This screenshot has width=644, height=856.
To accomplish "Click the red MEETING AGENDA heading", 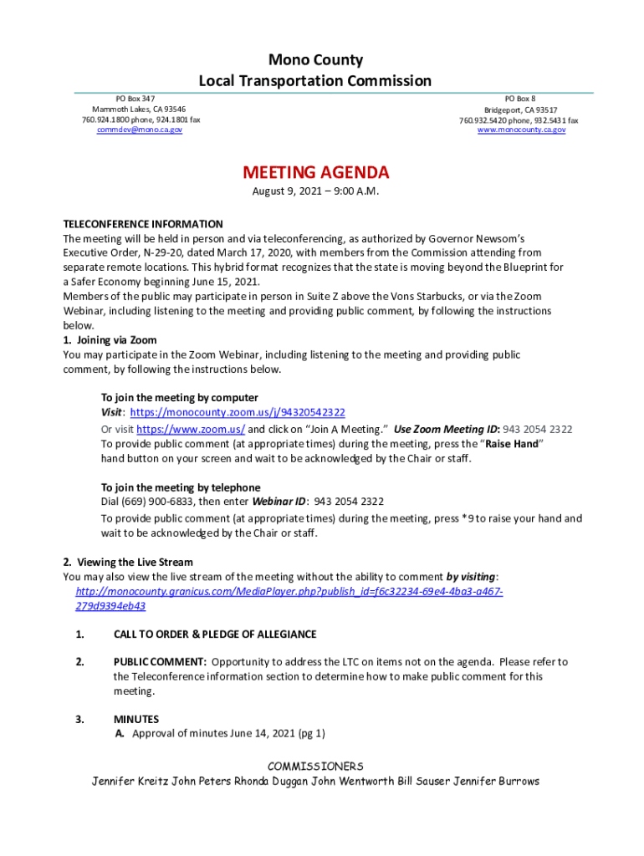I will click(x=315, y=173).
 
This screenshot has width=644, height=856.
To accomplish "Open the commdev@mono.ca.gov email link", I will click(x=140, y=130).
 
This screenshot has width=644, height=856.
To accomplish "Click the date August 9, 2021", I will click(x=286, y=192).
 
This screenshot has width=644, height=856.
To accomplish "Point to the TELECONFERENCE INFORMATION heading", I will click(x=143, y=224).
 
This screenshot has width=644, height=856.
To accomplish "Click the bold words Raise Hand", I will click(x=513, y=444).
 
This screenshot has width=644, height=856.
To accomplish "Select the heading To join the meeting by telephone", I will click(x=181, y=487).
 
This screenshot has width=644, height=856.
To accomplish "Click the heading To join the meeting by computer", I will click(x=180, y=398).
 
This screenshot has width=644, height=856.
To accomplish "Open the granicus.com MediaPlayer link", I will click(x=289, y=592).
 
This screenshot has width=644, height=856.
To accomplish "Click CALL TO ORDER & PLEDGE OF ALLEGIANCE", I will click(x=215, y=634).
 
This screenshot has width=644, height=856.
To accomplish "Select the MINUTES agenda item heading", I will click(x=136, y=719).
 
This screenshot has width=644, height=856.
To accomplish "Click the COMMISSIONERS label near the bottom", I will click(x=315, y=767).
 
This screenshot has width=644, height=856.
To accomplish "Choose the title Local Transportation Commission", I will click(x=315, y=81).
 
